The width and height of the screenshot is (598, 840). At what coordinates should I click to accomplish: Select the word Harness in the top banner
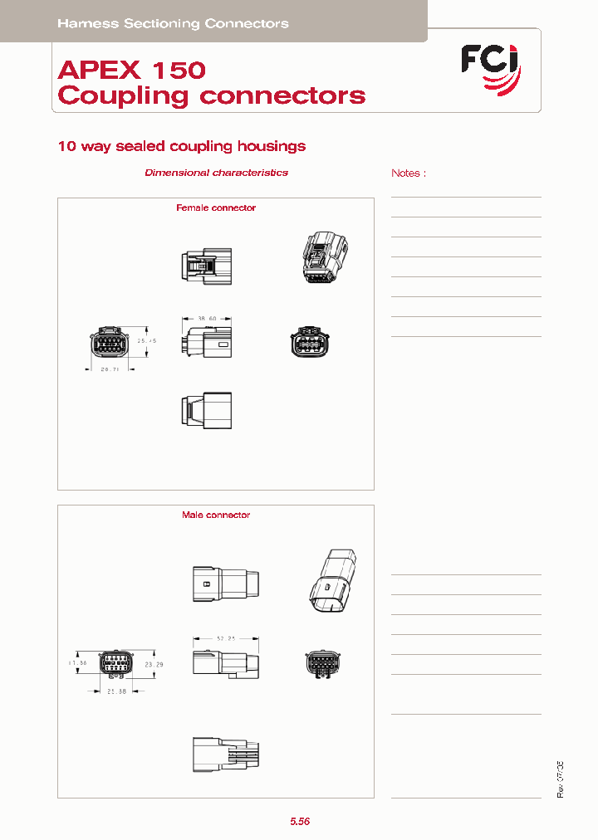tap(88, 24)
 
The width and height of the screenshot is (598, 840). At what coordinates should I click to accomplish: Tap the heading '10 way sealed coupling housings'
tap(181, 146)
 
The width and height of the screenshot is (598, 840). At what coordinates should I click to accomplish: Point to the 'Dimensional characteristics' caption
tap(216, 173)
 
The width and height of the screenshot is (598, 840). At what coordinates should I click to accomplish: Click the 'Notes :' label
tap(408, 173)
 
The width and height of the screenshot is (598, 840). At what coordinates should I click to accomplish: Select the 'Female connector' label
tap(216, 208)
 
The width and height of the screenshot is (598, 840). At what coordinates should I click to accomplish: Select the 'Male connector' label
tap(216, 515)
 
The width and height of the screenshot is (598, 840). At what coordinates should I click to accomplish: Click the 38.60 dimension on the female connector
tap(207, 318)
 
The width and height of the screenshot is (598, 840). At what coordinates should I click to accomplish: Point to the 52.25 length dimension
tap(227, 638)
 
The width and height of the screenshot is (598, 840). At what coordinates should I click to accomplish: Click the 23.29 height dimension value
tap(154, 664)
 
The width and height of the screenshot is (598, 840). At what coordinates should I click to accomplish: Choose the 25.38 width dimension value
tap(116, 691)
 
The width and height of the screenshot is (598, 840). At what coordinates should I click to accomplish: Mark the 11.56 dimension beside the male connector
tap(77, 663)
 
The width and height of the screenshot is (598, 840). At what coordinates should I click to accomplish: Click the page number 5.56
tap(300, 821)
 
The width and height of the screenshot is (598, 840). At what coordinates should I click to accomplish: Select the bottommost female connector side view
tap(207, 410)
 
